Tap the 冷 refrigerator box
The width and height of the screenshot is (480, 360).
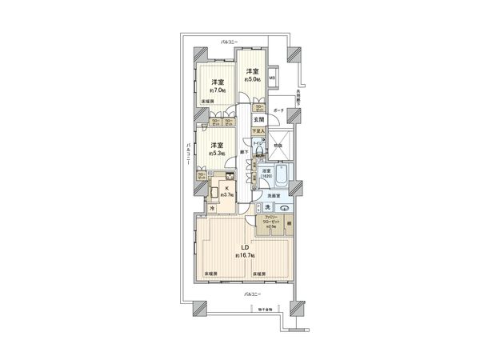tap(211, 210)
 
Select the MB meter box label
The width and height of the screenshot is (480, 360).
tap(273, 78)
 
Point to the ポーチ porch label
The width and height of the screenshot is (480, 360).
tap(279, 110)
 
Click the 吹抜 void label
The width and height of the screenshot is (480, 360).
tap(279, 146)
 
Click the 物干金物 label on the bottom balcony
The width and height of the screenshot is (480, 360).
tap(264, 309)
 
